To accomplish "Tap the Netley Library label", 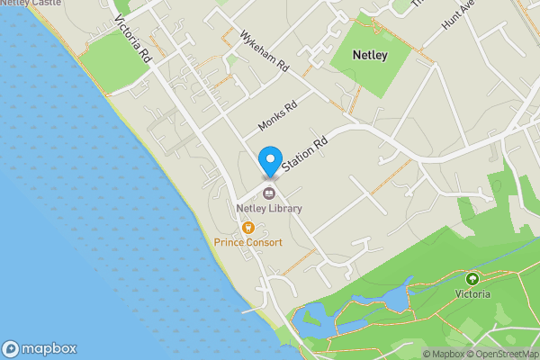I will pyautogui.click(x=269, y=209).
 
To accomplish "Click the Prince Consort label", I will pyautogui.click(x=247, y=243).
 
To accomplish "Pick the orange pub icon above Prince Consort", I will pyautogui.click(x=247, y=228).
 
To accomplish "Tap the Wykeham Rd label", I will pyautogui.click(x=264, y=51).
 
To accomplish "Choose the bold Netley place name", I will pyautogui.click(x=371, y=56).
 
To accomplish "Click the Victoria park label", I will pyautogui.click(x=472, y=293).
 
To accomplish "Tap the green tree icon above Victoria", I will pyautogui.click(x=472, y=278).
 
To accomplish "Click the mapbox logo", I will pyautogui.click(x=39, y=348).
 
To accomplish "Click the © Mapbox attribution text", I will pyautogui.click(x=442, y=354).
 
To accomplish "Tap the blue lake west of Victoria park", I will pyautogui.click(x=394, y=296).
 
